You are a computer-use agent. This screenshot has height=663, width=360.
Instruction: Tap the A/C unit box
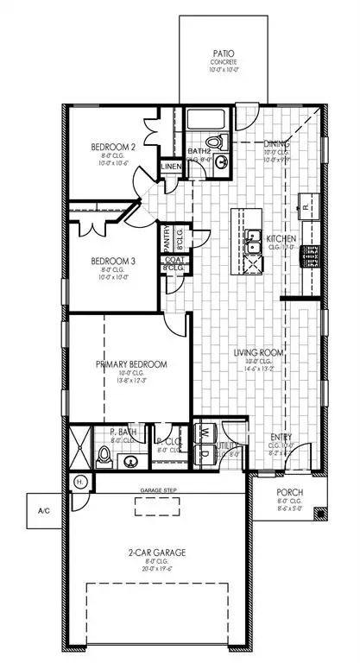pos(43,510)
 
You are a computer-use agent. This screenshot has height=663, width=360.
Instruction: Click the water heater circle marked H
pos(80,481)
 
